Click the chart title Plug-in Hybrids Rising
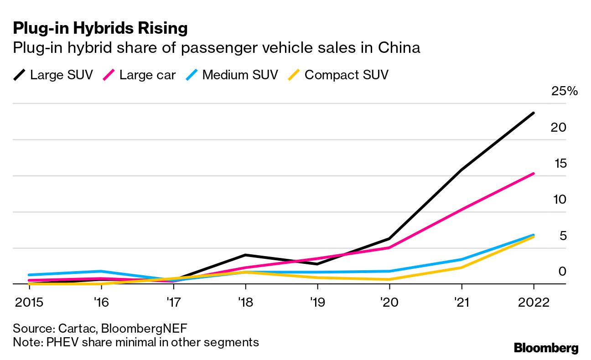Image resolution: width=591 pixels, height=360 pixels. click(x=100, y=28)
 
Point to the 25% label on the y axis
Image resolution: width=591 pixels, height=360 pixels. click(x=564, y=91)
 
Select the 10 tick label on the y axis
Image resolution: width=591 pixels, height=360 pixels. click(x=558, y=199)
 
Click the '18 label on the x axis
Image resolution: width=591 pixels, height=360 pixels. click(x=245, y=302)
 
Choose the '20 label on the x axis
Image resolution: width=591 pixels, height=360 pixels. click(x=389, y=302)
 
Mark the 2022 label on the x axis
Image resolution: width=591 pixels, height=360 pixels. click(x=534, y=302)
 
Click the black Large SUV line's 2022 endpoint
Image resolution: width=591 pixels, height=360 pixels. click(x=534, y=113)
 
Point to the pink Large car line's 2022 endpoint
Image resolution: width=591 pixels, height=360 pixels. click(x=534, y=174)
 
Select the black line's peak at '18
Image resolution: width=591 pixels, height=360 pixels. click(x=245, y=255)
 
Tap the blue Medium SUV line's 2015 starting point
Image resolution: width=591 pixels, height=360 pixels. click(x=29, y=275)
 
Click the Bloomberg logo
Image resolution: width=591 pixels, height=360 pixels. click(x=546, y=348)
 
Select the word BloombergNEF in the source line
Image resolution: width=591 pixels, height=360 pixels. click(x=144, y=329)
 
